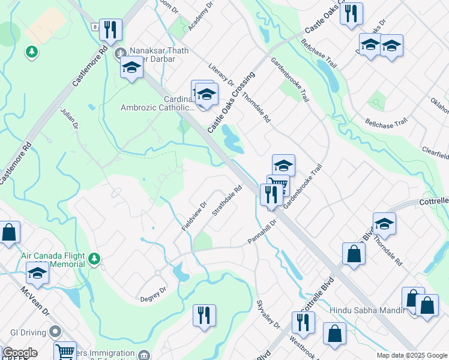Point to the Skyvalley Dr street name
(x=268, y=314)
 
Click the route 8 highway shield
(x=95, y=27)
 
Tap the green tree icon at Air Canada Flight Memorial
(x=94, y=259)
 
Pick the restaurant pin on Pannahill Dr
(x=271, y=194)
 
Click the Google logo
(x=20, y=353)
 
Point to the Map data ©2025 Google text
(x=412, y=355)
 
